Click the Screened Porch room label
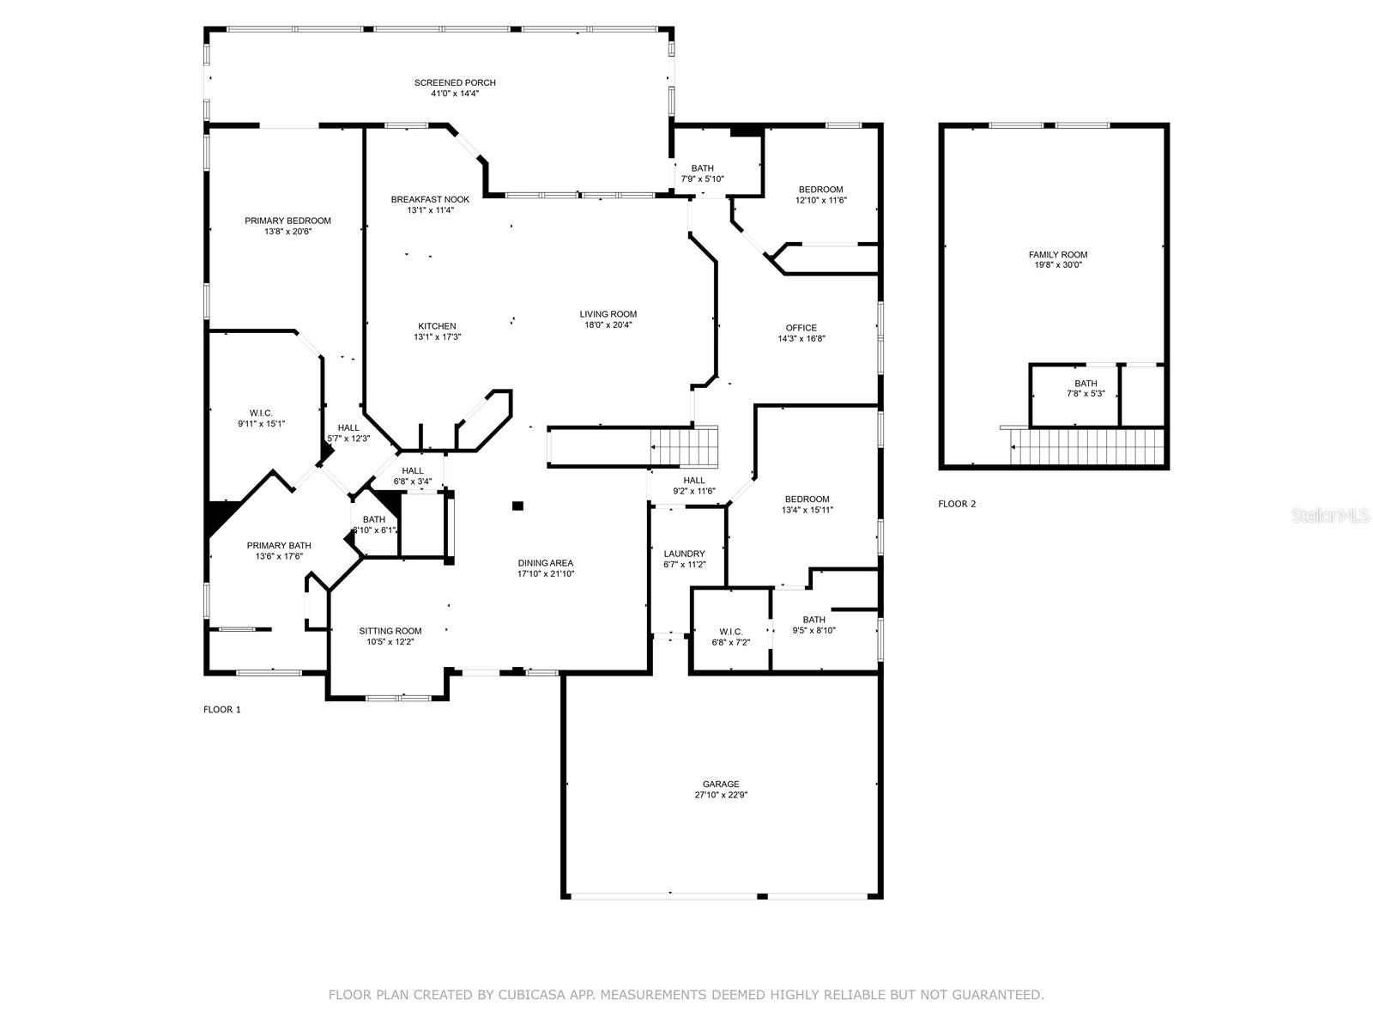click(x=455, y=82)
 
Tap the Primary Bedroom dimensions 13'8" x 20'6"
click(x=287, y=232)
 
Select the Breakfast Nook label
click(x=431, y=199)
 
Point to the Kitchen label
click(x=437, y=326)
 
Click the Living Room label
click(x=608, y=314)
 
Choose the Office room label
click(x=801, y=328)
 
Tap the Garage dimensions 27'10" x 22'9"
click(x=721, y=795)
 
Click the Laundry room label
click(x=684, y=554)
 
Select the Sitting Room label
click(x=390, y=631)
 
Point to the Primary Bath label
click(x=279, y=545)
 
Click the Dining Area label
click(x=546, y=563)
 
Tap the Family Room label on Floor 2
click(x=1058, y=255)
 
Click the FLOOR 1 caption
click(x=222, y=709)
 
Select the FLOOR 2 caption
click(x=957, y=504)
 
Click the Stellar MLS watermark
click(x=1330, y=516)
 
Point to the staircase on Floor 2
click(x=1087, y=446)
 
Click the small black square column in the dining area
click(x=518, y=506)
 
